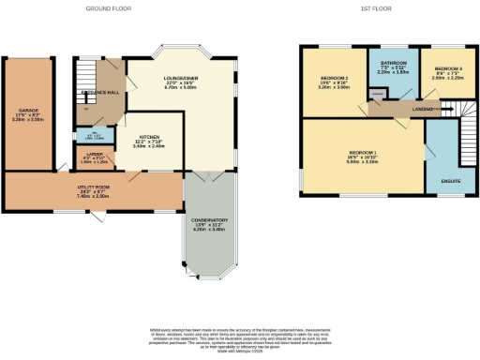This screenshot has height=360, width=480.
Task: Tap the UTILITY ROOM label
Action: click(93, 187)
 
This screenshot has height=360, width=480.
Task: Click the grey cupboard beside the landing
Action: click(379, 95)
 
